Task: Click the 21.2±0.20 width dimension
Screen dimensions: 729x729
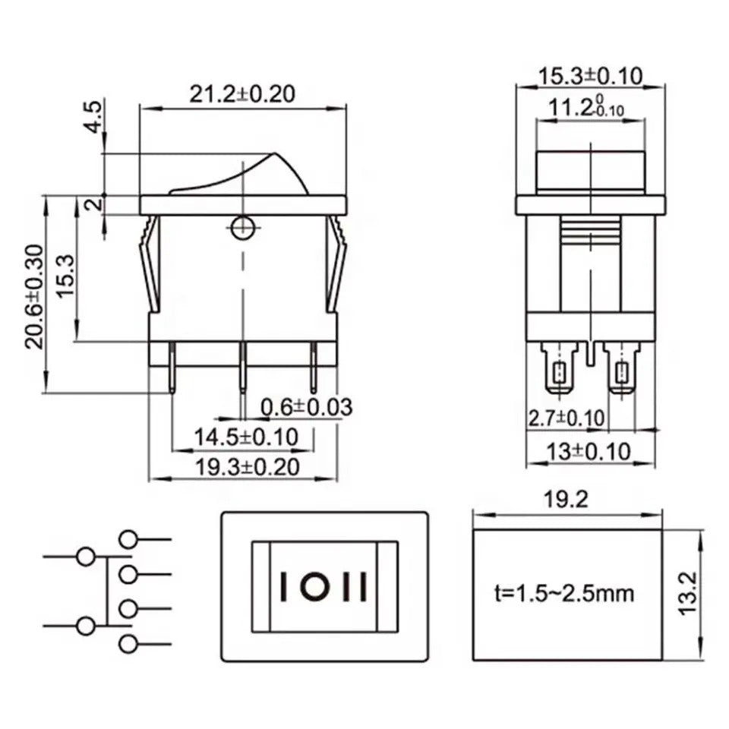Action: [242, 93]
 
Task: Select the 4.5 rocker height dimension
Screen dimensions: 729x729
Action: [92, 115]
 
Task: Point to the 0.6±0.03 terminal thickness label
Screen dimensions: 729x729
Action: [306, 408]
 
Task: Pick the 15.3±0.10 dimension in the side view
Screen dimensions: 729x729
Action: [591, 75]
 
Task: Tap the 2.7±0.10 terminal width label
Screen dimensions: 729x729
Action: [566, 418]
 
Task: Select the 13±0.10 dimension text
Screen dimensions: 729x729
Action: [589, 451]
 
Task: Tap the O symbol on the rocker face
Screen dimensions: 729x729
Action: [311, 586]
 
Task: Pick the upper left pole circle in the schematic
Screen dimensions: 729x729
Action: [86, 557]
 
